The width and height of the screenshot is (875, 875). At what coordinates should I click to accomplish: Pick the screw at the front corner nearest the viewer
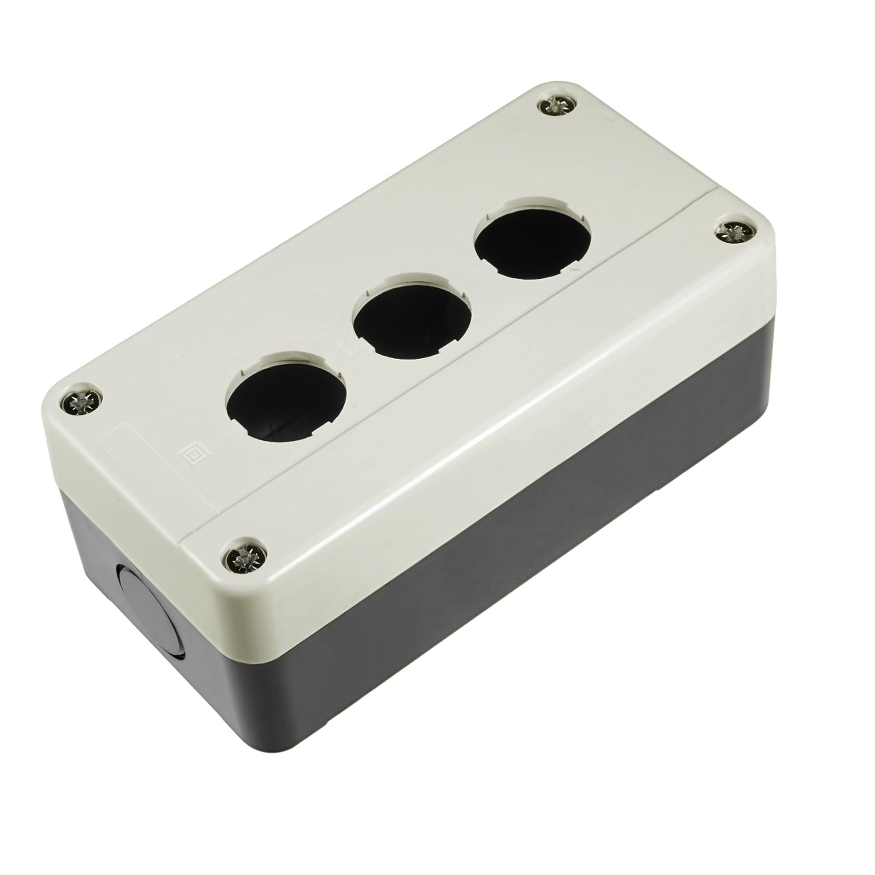click(x=246, y=562)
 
